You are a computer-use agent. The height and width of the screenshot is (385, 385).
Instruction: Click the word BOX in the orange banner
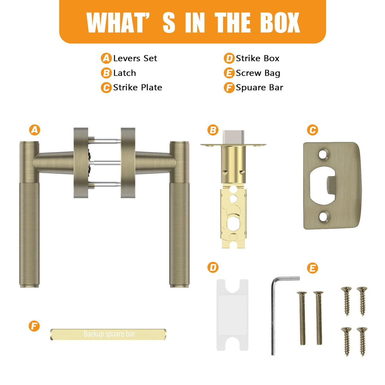click(280, 22)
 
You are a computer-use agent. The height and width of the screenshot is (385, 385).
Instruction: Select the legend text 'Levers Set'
click(135, 58)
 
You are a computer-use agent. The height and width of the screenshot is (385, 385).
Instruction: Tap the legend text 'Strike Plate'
click(138, 88)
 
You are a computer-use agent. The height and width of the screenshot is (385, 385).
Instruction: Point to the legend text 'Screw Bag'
click(258, 73)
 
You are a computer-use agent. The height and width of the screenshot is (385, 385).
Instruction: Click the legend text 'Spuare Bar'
click(259, 88)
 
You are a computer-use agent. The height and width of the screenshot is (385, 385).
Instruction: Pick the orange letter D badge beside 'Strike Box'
click(229, 58)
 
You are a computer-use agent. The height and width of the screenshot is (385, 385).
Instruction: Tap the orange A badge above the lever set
click(35, 130)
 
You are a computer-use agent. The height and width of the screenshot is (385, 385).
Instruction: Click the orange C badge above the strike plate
click(312, 130)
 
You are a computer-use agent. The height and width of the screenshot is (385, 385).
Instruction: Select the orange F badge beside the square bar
click(34, 326)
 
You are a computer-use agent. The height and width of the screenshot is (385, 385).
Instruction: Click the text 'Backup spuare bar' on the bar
click(109, 334)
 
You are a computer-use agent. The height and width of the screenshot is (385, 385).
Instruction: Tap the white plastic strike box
click(232, 315)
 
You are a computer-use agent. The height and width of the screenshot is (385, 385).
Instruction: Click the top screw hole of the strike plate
click(324, 154)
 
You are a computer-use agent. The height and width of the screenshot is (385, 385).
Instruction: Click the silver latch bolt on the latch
click(233, 137)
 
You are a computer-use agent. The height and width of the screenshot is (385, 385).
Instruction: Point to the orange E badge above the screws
click(312, 268)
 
